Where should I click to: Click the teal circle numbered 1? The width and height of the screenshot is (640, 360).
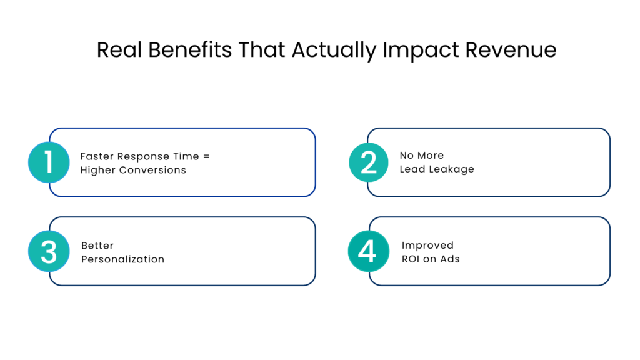tap(49, 162)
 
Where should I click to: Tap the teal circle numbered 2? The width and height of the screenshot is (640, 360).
tap(369, 162)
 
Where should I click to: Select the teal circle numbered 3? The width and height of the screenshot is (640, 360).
tap(49, 251)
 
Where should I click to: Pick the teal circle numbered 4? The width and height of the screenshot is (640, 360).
tap(368, 251)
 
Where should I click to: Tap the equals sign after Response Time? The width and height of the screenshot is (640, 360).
tap(207, 156)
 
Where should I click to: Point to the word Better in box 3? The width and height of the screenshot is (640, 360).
tap(97, 246)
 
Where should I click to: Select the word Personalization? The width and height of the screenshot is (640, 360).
tap(123, 259)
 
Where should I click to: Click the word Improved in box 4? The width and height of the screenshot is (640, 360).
tap(428, 246)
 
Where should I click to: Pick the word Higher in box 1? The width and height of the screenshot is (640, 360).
tap(96, 170)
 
